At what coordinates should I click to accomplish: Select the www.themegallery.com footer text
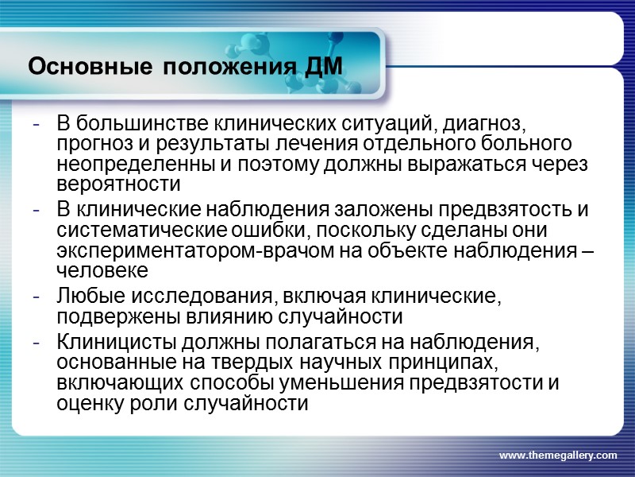pyautogui.click(x=557, y=455)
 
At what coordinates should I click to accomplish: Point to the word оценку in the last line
pyautogui.click(x=86, y=404)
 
